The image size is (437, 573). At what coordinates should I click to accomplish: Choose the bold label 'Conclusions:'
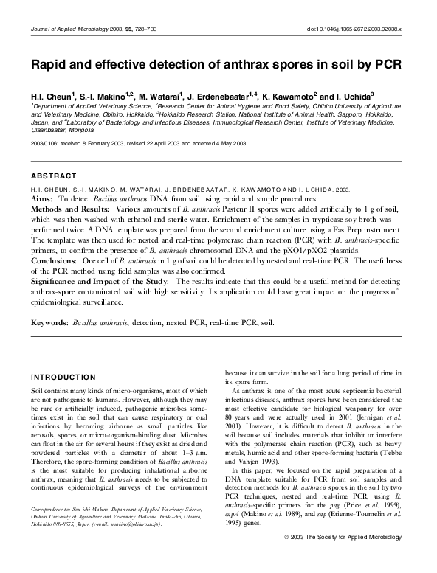point(55,261)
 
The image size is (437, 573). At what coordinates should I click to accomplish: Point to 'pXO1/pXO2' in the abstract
point(309,251)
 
